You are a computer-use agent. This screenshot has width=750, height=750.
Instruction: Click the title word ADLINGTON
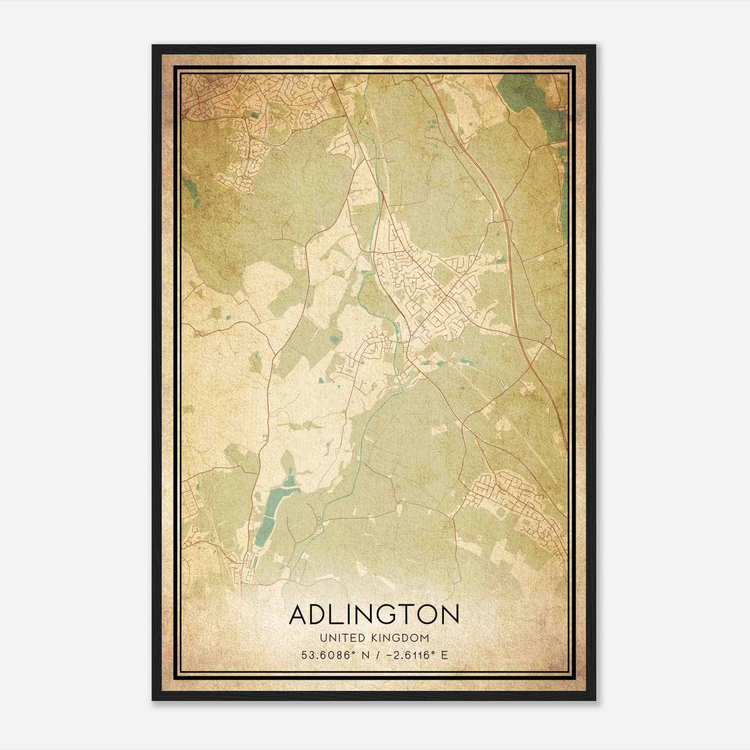tap(374, 615)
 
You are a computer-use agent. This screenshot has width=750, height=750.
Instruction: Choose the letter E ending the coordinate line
tap(444, 655)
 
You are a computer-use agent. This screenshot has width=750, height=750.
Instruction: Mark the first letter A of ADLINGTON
tap(298, 615)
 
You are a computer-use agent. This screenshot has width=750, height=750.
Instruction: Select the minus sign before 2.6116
tap(389, 655)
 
